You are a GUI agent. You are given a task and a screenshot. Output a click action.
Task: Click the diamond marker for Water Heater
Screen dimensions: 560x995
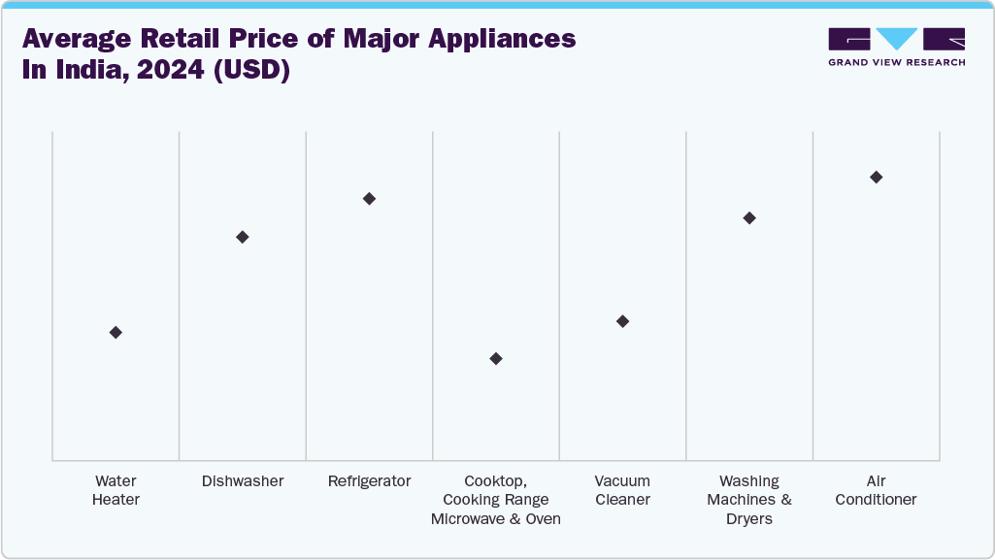pos(116,332)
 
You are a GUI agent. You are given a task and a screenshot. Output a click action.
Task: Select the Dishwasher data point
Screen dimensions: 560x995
pos(243,237)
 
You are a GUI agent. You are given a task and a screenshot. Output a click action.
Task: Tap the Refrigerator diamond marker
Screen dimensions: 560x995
pos(369,199)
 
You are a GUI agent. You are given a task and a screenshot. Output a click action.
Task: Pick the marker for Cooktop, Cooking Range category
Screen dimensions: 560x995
pos(496,358)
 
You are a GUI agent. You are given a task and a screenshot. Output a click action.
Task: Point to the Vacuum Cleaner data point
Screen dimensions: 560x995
pos(622,321)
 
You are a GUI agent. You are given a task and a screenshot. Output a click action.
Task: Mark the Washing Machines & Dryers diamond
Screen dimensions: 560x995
pos(749,217)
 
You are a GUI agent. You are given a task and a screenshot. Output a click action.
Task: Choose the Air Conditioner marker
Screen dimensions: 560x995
pos(876,177)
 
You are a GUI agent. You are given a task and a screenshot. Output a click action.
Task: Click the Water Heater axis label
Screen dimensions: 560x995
pos(116,490)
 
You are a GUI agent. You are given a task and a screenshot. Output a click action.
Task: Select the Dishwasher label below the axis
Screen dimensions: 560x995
pos(243,481)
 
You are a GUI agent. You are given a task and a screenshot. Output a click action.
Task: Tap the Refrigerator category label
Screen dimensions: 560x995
pos(369,481)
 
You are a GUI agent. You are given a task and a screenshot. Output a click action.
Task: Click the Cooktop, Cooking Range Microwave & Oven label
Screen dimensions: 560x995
pos(496,500)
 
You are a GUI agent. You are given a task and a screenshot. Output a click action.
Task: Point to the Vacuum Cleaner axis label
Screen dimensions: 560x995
pos(622,490)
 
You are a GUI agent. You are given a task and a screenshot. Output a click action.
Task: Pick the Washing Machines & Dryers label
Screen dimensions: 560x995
pos(749,500)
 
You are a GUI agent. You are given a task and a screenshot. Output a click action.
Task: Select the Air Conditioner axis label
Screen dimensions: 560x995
pos(876,490)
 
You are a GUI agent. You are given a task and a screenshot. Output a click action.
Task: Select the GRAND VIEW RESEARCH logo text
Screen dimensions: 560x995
pos(896,62)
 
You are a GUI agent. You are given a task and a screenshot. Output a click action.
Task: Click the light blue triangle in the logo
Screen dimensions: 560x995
pos(896,38)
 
